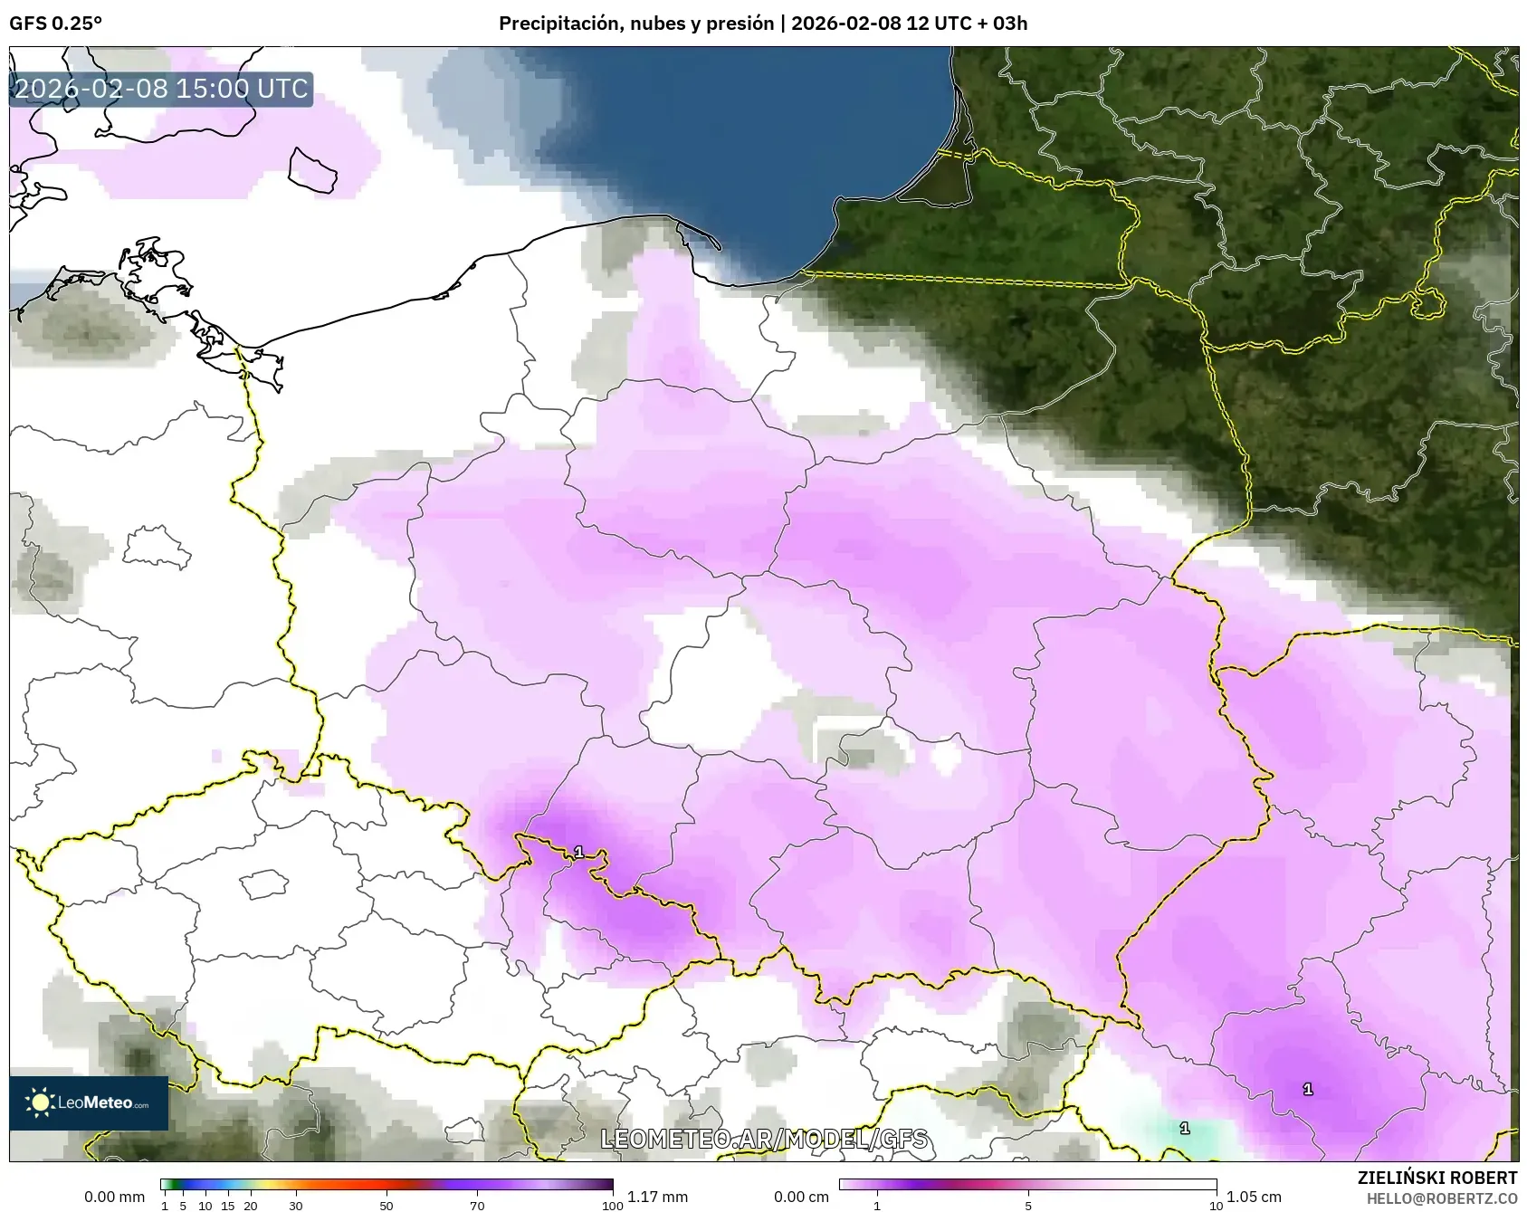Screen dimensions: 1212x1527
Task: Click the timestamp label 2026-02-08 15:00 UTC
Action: coord(161,89)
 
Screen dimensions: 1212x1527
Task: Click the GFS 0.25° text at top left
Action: coord(55,24)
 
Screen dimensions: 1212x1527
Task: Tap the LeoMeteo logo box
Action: coord(89,1102)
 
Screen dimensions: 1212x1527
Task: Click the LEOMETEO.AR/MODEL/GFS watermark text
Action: coord(764,1139)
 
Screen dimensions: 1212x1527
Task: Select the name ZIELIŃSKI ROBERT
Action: coord(1436,1178)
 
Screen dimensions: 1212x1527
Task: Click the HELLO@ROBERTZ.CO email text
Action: coord(1441,1198)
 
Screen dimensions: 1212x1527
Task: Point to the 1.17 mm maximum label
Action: coord(657,1197)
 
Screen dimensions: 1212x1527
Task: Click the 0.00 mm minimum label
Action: coord(114,1197)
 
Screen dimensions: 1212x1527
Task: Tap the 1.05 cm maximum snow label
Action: coord(1254,1197)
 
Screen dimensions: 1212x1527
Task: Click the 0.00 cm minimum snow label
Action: coord(801,1197)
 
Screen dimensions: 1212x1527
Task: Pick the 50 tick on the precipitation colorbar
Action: coord(387,1206)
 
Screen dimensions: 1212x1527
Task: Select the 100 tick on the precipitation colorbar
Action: coord(613,1206)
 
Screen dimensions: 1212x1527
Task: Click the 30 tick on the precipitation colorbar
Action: coord(296,1206)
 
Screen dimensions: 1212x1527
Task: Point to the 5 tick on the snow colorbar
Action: coord(1028,1206)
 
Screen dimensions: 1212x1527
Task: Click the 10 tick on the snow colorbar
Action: coord(1216,1206)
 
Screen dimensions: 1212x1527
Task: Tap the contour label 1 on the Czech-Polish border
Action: coord(578,852)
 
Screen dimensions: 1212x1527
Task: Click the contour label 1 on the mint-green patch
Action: coord(1184,1128)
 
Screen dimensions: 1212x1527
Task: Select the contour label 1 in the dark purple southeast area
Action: coord(1307,1089)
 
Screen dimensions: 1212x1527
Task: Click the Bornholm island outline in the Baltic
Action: coord(312,170)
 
